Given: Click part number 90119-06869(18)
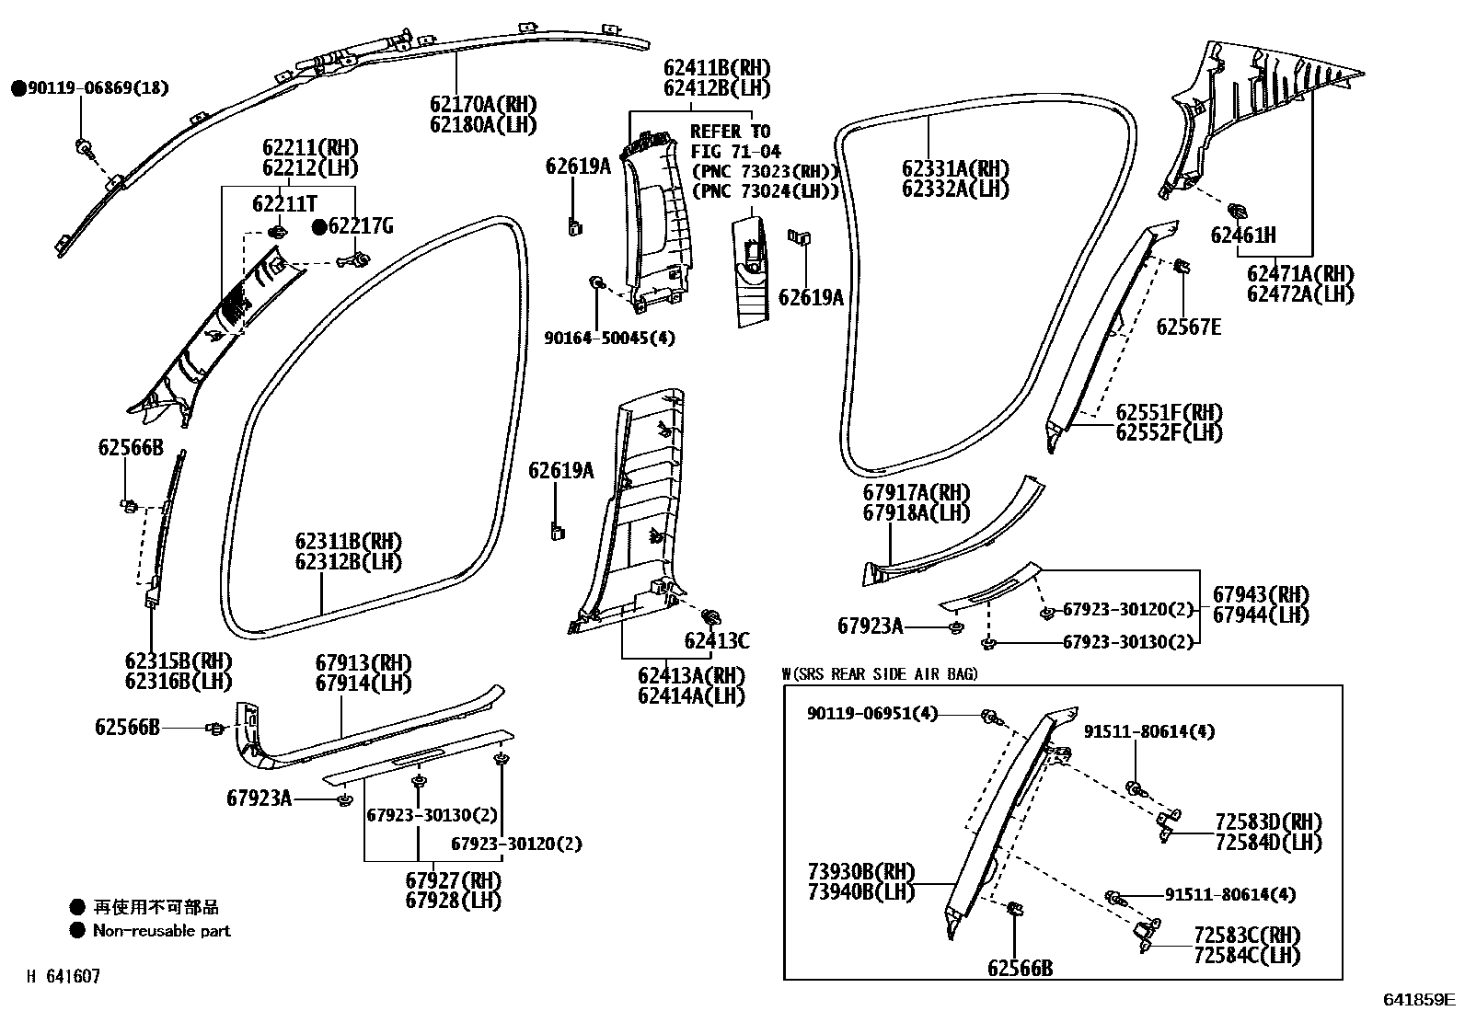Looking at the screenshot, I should coord(98,88).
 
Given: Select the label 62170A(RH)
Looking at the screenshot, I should coord(482,105).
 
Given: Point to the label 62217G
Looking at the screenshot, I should coord(361,225).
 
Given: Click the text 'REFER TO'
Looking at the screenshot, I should coord(730,132).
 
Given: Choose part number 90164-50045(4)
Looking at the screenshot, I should coord(608,339).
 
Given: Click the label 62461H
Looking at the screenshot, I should coord(1243,236).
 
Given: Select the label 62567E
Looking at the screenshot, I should coord(1189,327).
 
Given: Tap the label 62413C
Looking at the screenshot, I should coord(716,640).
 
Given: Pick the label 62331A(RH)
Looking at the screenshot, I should coord(955,169).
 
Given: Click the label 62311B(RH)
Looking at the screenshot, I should coord(349,541).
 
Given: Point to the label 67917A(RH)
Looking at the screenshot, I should coord(917,493).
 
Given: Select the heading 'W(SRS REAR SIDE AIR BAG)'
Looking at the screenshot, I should coord(880,674).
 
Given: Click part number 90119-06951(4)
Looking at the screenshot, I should coord(872,714).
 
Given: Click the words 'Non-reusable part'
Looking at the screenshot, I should coord(161,930).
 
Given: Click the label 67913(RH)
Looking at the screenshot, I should coord(363,663).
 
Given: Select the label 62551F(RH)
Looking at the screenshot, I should coord(1169,412).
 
